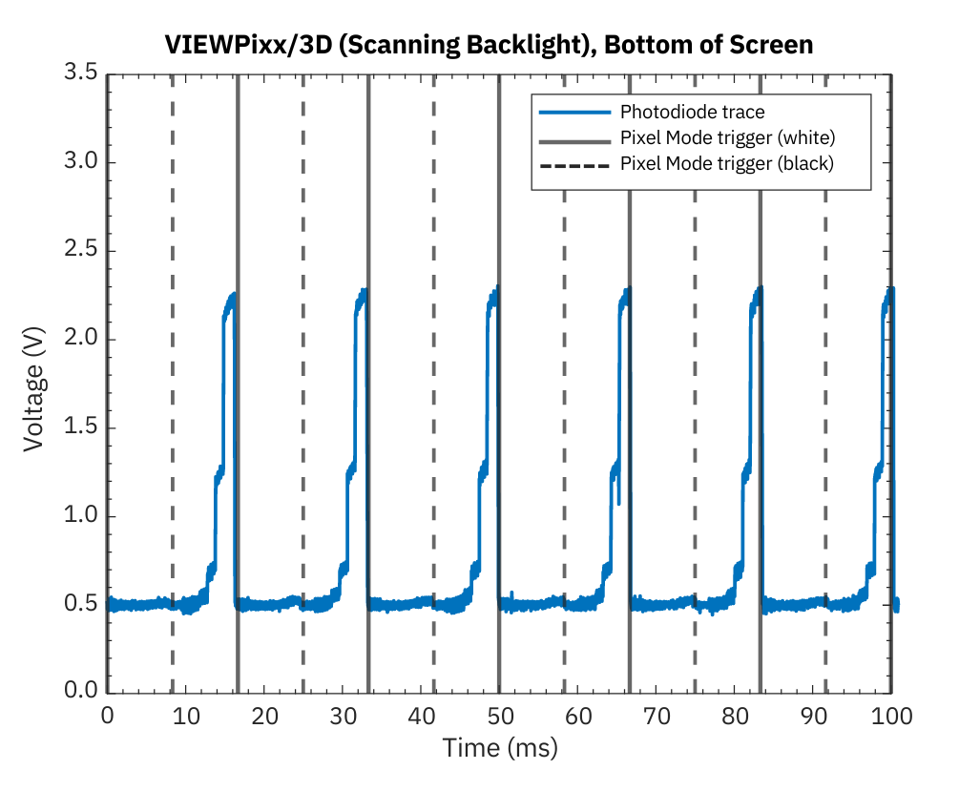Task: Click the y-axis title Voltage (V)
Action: tap(34, 383)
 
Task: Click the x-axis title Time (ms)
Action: tap(499, 747)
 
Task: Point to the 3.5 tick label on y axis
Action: tap(80, 73)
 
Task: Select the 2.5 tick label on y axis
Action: tap(80, 251)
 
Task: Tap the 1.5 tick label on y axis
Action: tap(80, 428)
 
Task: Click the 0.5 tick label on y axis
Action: tap(80, 605)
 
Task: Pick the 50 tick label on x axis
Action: tap(499, 715)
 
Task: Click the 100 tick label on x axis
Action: tap(891, 715)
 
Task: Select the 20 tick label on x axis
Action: tap(264, 715)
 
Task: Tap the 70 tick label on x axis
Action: tap(657, 715)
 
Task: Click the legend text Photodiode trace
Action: tap(692, 113)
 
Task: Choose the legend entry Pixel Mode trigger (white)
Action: tap(728, 137)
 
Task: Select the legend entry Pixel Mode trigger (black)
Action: tap(727, 163)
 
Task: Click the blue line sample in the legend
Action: tap(573, 113)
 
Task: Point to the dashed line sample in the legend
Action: tap(573, 163)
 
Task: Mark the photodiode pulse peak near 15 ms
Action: tap(232, 297)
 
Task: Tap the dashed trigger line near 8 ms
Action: tap(173, 382)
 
